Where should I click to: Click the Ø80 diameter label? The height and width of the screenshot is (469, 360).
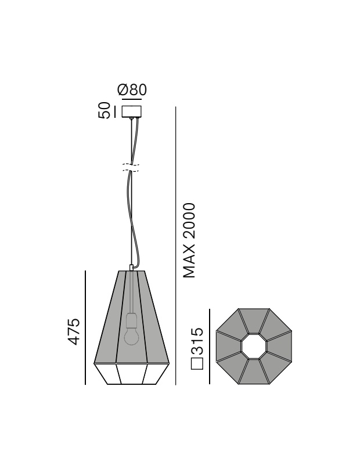[x=132, y=90]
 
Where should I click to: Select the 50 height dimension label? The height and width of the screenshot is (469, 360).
[x=105, y=110]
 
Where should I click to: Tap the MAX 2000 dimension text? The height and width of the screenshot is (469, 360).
[x=189, y=241]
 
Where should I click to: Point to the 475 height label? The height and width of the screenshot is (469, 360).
[x=74, y=331]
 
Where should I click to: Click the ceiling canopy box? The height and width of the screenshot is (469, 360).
[x=131, y=112]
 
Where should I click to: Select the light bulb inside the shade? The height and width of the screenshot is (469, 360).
[x=131, y=337]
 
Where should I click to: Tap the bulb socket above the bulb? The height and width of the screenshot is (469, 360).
[x=131, y=320]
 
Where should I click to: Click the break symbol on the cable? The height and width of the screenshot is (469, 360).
[x=131, y=168]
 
